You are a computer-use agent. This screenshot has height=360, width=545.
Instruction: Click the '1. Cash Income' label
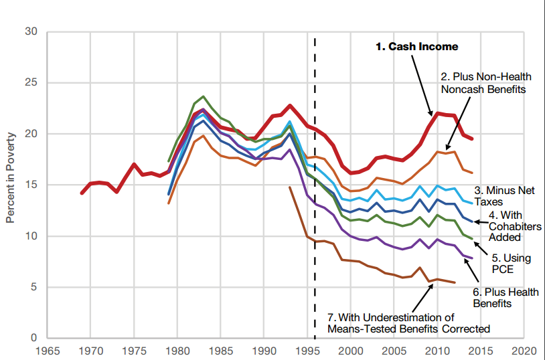[x=416, y=47]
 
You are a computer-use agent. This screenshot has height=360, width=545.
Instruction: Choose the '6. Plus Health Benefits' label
[x=505, y=298]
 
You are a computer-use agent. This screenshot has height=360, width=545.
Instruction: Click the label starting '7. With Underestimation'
[x=408, y=323]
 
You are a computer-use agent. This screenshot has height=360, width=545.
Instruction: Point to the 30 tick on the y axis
[x=30, y=32]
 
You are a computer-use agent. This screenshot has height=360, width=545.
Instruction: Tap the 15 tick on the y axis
[x=30, y=185]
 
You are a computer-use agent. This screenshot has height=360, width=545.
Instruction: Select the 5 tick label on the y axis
[x=33, y=287]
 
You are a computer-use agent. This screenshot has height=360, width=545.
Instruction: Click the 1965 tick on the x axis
[x=48, y=350]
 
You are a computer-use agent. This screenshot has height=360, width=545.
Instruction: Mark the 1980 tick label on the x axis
[x=178, y=350]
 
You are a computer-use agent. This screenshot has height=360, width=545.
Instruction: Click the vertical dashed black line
[x=315, y=201]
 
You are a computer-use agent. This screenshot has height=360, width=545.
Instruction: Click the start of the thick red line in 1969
[x=82, y=193]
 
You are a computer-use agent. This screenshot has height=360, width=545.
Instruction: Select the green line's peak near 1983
[x=204, y=96]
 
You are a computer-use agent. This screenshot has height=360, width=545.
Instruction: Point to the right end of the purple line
[x=472, y=258]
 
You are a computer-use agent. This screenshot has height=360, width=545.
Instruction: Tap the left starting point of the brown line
[x=290, y=187]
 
